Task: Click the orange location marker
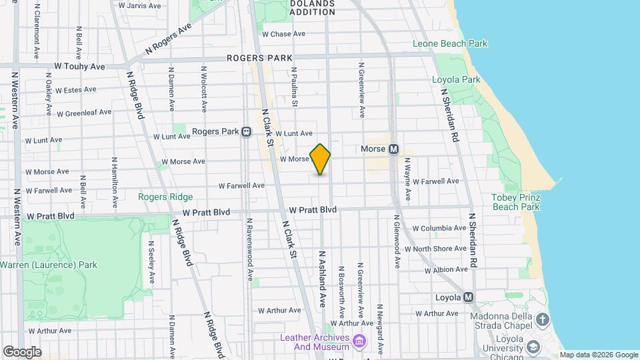[x=321, y=159]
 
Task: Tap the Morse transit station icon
[x=393, y=149]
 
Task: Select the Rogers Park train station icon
[x=246, y=132]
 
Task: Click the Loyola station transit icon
[x=469, y=297]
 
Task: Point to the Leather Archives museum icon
[x=360, y=342]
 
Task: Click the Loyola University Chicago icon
[x=533, y=347]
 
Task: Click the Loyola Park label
[x=456, y=80]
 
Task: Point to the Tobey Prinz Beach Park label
[x=515, y=202]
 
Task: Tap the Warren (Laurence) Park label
[x=48, y=265]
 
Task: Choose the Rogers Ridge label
[x=165, y=197]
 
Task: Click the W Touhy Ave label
[x=79, y=67]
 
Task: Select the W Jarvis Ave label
[x=139, y=5]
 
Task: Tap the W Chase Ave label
[x=283, y=34]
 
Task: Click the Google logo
[x=22, y=352]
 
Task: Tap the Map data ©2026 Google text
[x=598, y=355]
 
